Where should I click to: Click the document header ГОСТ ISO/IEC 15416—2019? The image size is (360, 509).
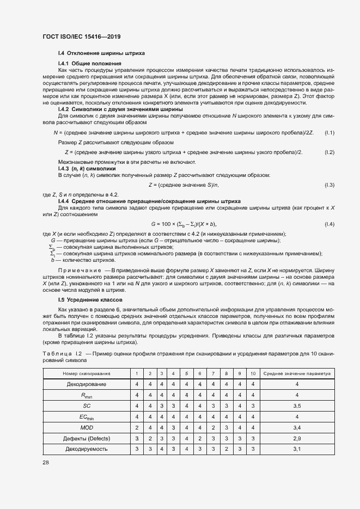pos(81,37)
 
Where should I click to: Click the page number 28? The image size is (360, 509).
pos(46,462)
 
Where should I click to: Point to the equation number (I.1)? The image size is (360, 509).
pos(329,133)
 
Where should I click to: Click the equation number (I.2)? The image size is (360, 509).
pos(329,151)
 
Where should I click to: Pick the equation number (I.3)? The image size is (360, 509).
pos(329,186)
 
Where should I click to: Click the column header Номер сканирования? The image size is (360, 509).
pos(87,373)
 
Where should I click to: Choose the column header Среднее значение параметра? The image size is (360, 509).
pos(297,373)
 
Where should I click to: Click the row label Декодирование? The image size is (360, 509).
pos(87,384)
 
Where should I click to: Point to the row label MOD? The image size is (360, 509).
pos(87,427)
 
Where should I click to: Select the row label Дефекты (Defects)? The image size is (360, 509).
pos(87,438)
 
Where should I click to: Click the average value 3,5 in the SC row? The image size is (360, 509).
pos(297,406)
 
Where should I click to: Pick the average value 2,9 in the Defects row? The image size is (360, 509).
pos(297,438)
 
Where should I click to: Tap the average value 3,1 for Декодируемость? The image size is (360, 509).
pos(297,449)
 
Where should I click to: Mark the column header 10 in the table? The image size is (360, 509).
pos(253,373)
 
